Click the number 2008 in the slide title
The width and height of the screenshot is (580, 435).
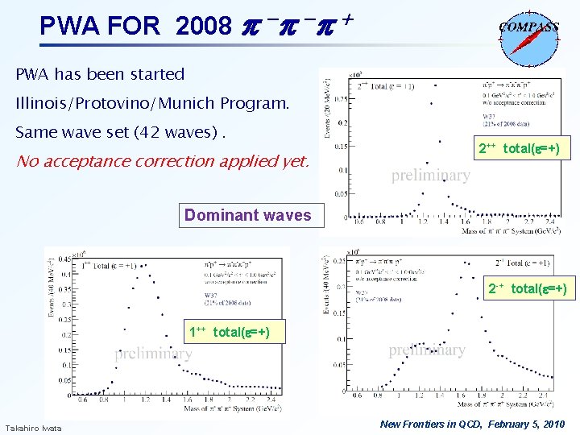(x=202, y=27)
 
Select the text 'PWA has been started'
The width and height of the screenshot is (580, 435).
(x=100, y=74)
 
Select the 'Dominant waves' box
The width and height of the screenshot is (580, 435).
(x=247, y=215)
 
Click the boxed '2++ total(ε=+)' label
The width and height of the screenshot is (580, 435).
(x=519, y=148)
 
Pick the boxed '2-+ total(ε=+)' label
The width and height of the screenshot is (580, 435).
(x=527, y=288)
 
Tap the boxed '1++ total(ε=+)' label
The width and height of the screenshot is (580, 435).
(x=229, y=331)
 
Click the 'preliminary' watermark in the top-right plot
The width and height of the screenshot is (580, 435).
(x=430, y=175)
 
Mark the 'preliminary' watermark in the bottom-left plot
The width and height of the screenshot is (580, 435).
(x=153, y=354)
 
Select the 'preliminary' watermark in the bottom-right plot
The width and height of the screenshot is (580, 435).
(x=427, y=350)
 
